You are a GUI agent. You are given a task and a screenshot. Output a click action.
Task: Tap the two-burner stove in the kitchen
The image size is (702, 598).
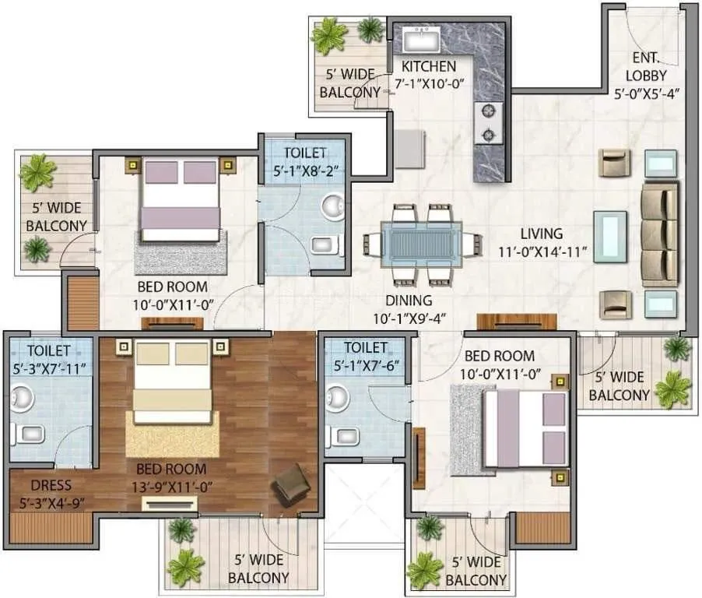click(488, 123)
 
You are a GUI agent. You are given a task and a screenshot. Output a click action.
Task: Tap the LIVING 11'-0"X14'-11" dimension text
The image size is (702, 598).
click(542, 242)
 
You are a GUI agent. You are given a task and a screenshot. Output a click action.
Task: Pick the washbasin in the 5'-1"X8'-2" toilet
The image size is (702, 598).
click(333, 206)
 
